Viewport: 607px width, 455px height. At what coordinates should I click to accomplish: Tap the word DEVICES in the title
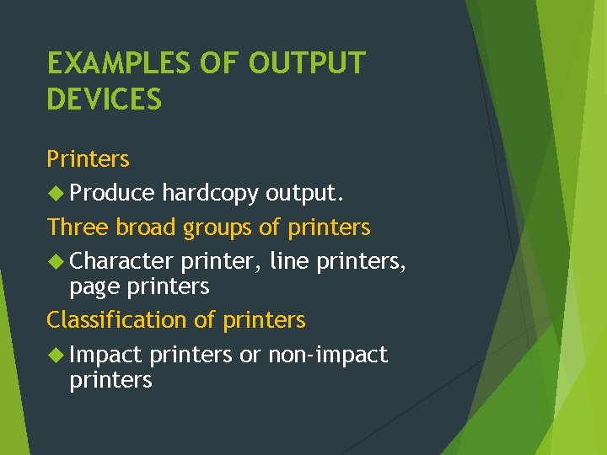pos(104,100)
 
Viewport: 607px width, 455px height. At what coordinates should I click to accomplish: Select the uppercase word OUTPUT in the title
pos(308,64)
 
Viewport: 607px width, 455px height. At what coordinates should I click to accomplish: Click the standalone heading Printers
pos(88,159)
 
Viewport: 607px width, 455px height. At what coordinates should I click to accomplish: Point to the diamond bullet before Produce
pos(56,194)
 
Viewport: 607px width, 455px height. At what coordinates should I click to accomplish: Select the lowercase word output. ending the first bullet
pos(304,194)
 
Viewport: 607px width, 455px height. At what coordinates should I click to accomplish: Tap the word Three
pos(78,227)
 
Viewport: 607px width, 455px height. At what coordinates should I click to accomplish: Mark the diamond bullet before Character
pos(56,262)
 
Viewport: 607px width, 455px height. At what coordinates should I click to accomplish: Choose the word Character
pos(121,262)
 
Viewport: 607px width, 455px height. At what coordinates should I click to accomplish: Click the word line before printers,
pos(289,262)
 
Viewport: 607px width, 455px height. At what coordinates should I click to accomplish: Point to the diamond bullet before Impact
pos(56,355)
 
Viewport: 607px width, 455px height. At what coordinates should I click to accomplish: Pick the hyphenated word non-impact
pos(328,356)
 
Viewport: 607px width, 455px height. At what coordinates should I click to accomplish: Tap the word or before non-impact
pos(250,356)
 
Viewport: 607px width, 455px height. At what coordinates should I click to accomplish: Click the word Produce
pos(112,194)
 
